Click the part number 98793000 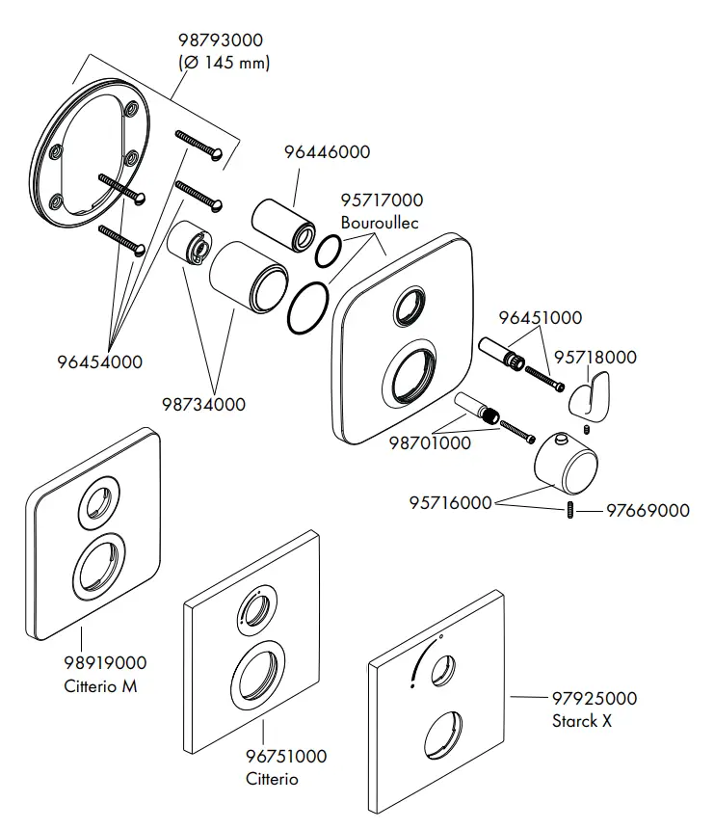(221, 40)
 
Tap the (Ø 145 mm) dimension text (224, 63)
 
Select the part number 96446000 (326, 152)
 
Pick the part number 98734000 (202, 404)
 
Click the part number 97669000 (647, 510)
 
